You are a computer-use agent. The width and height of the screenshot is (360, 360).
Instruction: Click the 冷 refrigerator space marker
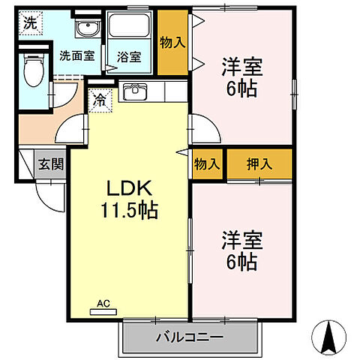point(99,100)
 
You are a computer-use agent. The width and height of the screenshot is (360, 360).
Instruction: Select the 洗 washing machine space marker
point(28,22)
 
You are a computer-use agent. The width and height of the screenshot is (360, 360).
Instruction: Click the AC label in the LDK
point(103,304)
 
